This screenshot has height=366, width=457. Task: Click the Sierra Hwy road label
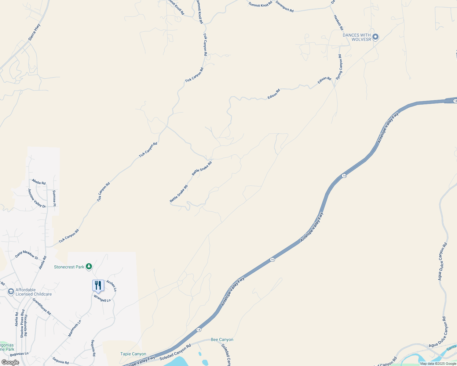point(34,32)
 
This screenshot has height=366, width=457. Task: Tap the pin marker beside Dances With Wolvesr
point(375,37)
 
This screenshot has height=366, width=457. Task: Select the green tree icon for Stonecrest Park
point(89,267)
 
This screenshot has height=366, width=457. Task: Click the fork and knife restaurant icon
point(98,285)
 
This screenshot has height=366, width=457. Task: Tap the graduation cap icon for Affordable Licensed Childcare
point(11,292)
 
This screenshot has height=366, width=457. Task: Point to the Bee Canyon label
point(222,339)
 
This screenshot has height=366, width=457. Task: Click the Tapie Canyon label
point(133,354)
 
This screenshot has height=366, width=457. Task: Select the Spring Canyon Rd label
point(339,67)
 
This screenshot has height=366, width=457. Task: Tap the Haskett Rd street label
point(338,23)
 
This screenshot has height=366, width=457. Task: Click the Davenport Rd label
point(284,6)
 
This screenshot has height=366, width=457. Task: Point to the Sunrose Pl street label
point(54,198)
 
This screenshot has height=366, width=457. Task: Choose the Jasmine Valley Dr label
point(37,198)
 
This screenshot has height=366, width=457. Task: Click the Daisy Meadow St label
point(27,255)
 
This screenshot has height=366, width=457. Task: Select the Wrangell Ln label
point(102,299)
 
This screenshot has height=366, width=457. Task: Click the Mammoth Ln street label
point(75,328)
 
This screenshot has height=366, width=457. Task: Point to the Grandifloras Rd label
point(42,307)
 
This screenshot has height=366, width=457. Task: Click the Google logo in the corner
point(10,362)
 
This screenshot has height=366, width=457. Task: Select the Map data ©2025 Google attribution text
point(438,364)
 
